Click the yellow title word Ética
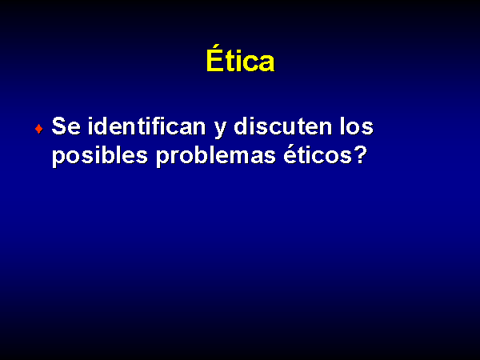(240, 58)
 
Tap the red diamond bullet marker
(39, 129)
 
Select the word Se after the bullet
(66, 126)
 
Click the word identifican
(146, 126)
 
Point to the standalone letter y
(221, 130)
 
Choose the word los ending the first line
(356, 126)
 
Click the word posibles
(100, 155)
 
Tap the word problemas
(216, 155)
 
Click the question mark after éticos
(361, 154)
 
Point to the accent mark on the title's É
(217, 47)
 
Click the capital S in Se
(59, 126)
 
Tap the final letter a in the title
(266, 62)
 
